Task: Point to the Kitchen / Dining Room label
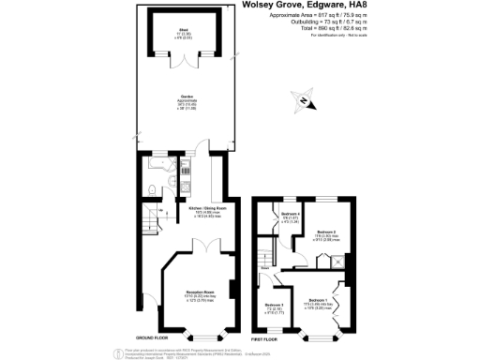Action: point(207,211)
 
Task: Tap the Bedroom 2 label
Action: point(325,233)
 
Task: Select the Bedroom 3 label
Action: point(274,307)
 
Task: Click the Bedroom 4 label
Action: point(290,216)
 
